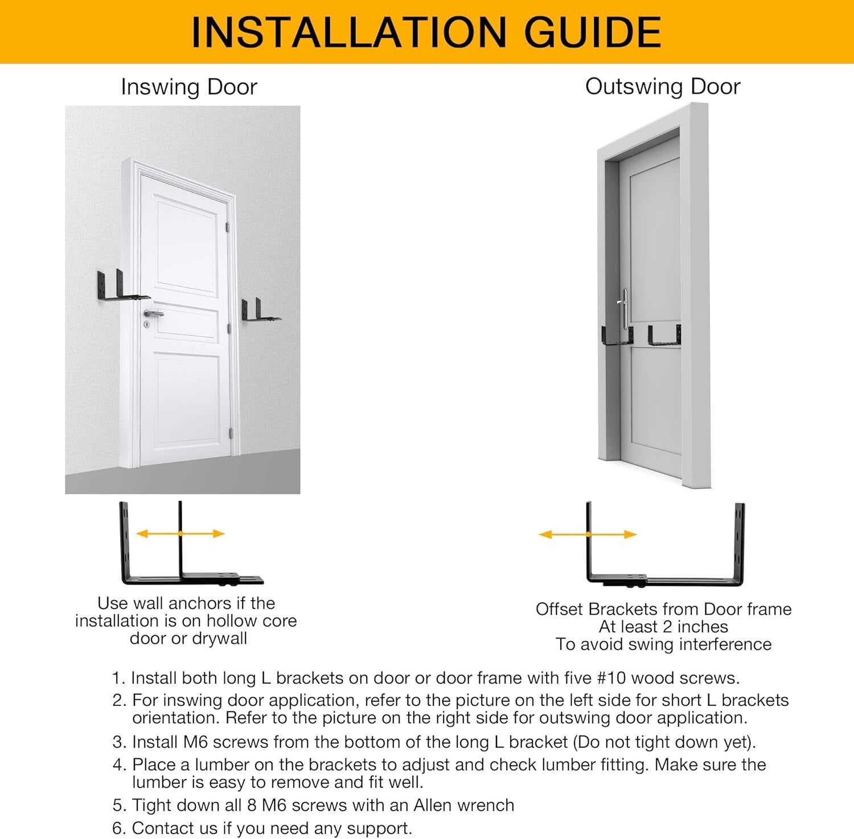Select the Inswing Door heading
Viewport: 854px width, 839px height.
[x=189, y=87]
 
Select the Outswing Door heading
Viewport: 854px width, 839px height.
[x=663, y=87]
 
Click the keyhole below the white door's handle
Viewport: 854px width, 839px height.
[x=146, y=324]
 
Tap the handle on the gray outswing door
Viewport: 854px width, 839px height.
[x=624, y=307]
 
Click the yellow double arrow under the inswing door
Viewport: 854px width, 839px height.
[x=180, y=533]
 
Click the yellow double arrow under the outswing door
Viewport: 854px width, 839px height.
[x=588, y=534]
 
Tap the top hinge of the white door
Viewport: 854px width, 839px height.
[x=227, y=228]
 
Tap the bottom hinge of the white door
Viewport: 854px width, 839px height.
[x=231, y=434]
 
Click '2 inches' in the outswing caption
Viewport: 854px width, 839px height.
[x=696, y=627]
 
